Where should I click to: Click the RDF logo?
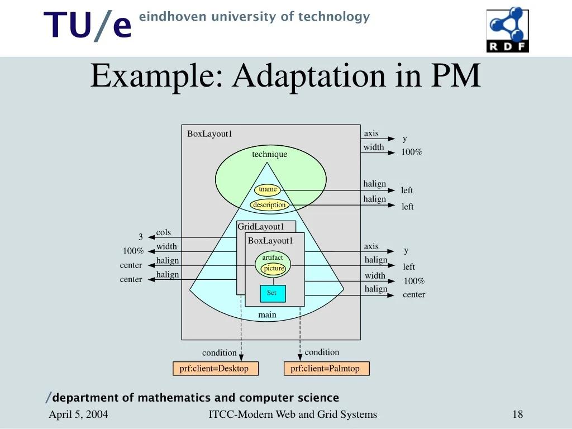[x=507, y=30]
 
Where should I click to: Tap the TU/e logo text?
[x=88, y=26]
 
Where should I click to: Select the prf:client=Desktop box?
[x=214, y=369]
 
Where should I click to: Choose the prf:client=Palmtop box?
[x=325, y=369]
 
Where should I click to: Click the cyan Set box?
[x=272, y=293]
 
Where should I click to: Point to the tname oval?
[x=268, y=189]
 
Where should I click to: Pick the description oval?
[x=269, y=205]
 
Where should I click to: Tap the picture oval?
[x=274, y=269]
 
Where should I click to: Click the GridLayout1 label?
[x=261, y=227]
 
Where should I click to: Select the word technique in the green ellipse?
[x=269, y=154]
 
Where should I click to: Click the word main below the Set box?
[x=267, y=315]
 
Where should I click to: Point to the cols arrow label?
[x=164, y=232]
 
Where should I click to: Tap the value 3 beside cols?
[x=141, y=237]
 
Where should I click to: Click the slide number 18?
[x=517, y=414]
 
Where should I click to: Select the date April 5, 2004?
[x=79, y=414]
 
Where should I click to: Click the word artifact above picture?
[x=273, y=258]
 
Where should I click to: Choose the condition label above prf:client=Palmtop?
[x=322, y=352]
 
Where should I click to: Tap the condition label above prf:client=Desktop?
[x=219, y=352]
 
